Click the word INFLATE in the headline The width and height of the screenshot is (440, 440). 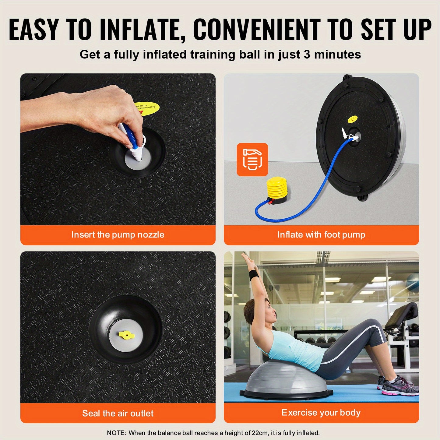point(143,30)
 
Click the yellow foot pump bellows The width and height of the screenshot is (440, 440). point(277,188)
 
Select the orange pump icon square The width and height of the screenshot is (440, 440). point(252,160)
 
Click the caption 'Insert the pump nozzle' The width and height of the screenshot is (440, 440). point(118,235)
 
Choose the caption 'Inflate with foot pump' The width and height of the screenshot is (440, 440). point(321,235)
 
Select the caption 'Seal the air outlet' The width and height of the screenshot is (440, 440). point(118,413)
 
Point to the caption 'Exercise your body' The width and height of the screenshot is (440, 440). point(321,413)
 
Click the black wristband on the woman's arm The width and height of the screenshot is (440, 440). point(254,275)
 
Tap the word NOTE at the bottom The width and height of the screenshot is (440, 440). point(116,433)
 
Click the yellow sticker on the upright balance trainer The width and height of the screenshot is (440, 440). point(353,119)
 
